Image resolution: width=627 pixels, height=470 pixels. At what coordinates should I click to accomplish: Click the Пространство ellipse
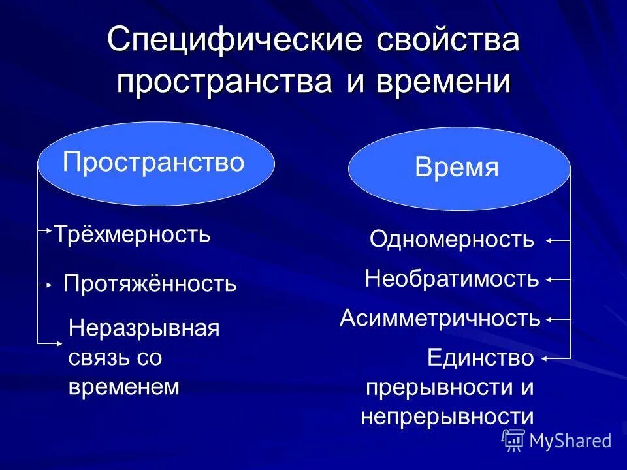point(155,163)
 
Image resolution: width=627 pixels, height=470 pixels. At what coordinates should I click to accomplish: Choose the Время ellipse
point(458,168)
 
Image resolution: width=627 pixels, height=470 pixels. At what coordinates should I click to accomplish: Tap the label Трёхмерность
point(132,234)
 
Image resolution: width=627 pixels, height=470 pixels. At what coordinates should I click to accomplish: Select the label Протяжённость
point(150,284)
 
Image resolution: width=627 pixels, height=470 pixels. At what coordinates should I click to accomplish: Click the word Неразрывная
point(144,328)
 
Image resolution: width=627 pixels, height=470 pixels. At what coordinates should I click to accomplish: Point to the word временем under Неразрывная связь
point(123,386)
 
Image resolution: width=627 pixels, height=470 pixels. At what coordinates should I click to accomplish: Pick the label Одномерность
point(452,240)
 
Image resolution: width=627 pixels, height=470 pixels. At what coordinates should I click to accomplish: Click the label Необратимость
point(452,279)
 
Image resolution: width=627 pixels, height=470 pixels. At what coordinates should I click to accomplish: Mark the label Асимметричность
point(440,319)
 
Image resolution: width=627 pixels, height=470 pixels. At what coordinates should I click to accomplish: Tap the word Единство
point(481,358)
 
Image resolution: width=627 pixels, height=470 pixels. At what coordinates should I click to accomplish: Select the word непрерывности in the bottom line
point(447,416)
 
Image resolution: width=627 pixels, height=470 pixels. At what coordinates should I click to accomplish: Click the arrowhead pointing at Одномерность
point(549,241)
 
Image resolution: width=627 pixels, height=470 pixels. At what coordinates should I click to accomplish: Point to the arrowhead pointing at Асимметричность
point(549,320)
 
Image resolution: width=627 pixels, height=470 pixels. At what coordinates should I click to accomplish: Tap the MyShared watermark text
point(570,441)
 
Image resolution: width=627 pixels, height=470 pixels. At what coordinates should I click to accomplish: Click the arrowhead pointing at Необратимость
point(549,280)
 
